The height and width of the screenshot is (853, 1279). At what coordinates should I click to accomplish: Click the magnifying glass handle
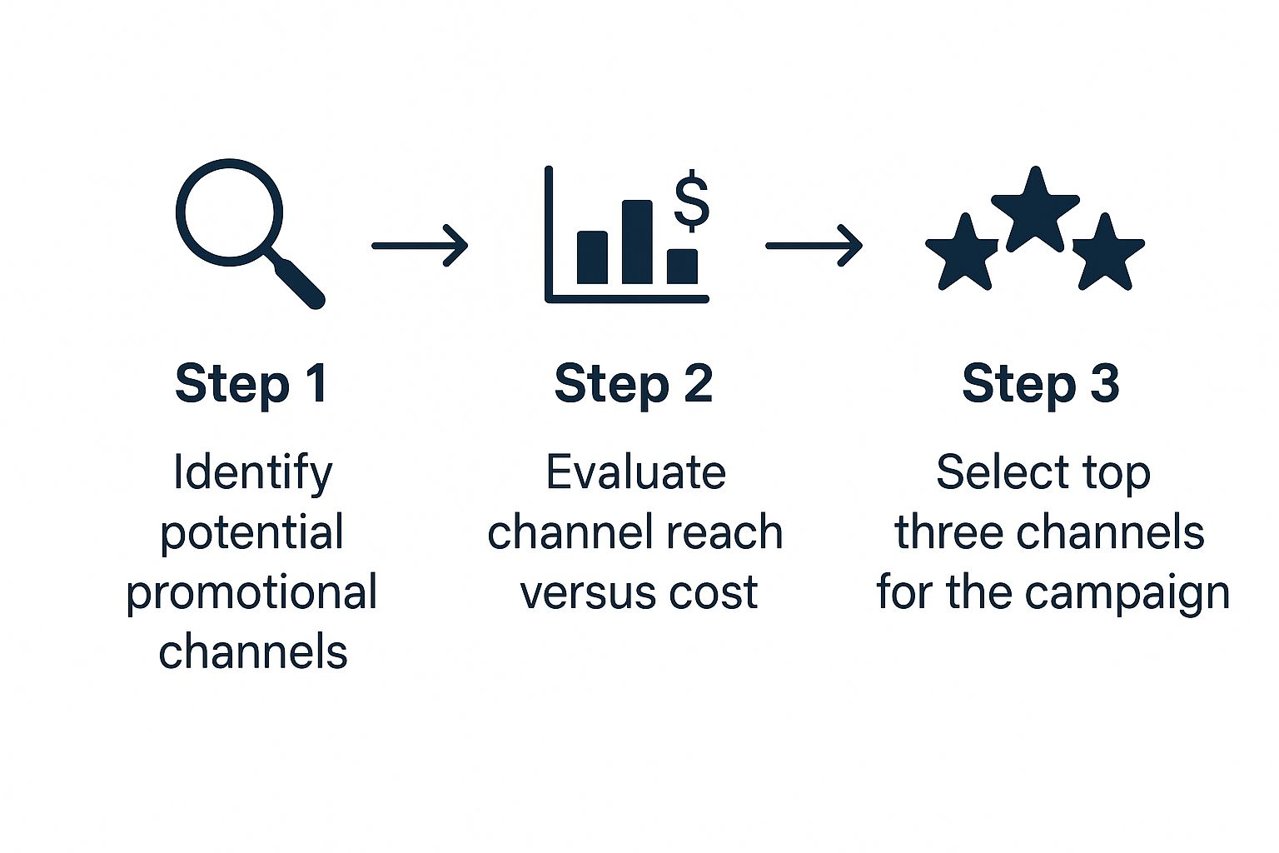tap(296, 279)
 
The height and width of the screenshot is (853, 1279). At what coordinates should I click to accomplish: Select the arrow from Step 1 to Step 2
tap(421, 246)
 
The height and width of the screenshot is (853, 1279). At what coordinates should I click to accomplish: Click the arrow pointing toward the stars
tap(814, 246)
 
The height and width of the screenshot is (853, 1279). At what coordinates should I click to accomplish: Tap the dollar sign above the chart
tap(691, 201)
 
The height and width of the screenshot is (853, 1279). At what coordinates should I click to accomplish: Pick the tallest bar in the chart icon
tap(637, 242)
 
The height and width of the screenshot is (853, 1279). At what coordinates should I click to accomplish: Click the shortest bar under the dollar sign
tap(682, 267)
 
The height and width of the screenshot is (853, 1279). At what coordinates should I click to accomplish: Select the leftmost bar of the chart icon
tap(593, 257)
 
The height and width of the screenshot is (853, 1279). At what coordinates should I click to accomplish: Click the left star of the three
tap(963, 253)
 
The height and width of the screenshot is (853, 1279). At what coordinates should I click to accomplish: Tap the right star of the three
tap(1107, 253)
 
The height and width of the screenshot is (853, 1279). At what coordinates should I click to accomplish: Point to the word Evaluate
tap(636, 472)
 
